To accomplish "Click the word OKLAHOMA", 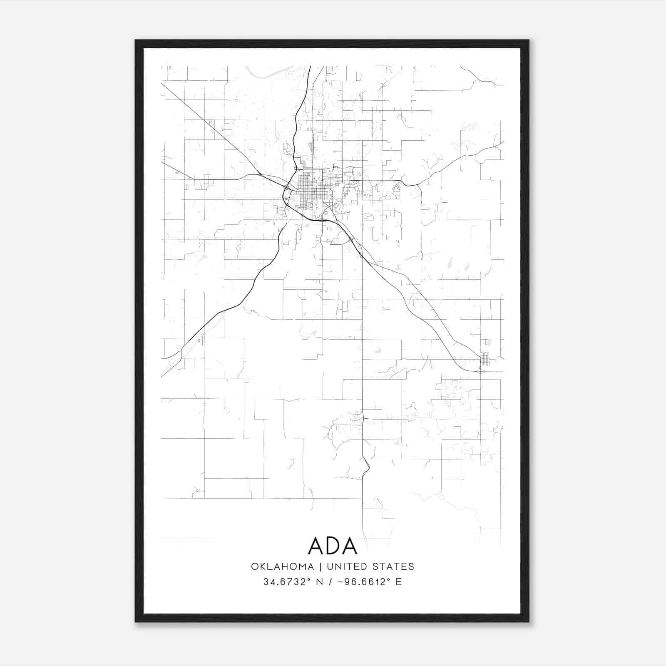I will (282, 567).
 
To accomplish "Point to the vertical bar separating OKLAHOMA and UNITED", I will (321, 567).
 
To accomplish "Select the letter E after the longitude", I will (399, 582).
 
